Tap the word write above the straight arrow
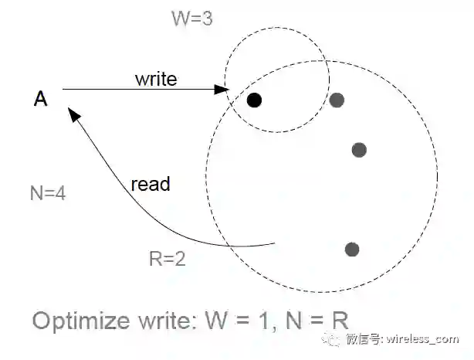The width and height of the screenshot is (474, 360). click(x=156, y=79)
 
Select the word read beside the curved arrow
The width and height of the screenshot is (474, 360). click(x=150, y=185)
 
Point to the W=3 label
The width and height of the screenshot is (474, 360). click(x=192, y=18)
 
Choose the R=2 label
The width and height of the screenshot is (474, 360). click(x=166, y=259)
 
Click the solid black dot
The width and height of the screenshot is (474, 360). click(x=255, y=100)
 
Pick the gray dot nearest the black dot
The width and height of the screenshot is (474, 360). click(x=337, y=99)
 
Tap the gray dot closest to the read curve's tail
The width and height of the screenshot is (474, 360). click(x=352, y=249)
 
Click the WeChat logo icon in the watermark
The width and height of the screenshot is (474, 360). click(x=330, y=338)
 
